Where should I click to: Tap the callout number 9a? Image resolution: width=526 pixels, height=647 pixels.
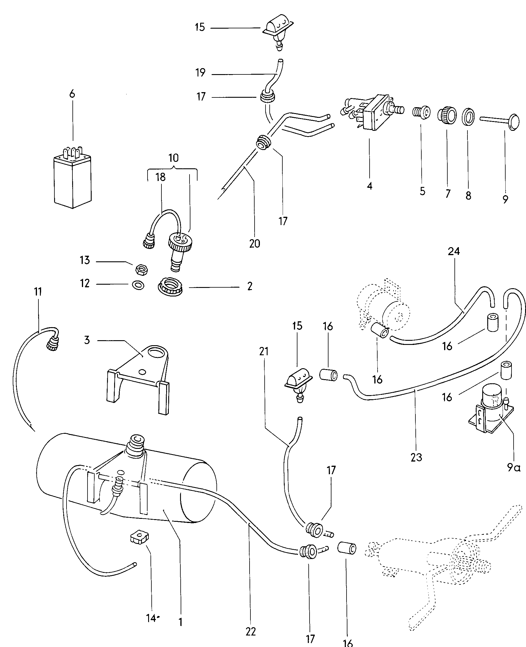514,467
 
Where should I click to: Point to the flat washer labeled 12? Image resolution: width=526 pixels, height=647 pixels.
138,285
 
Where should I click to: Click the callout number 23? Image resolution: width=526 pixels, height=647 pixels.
416,457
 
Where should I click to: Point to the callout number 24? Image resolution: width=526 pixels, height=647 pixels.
454,251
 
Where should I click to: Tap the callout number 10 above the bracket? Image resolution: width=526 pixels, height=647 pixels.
174,158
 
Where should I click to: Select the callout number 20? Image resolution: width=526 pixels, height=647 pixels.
255,243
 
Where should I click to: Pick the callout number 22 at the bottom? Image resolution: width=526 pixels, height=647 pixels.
250,631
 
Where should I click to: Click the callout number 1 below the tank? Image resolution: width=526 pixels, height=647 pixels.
180,622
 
